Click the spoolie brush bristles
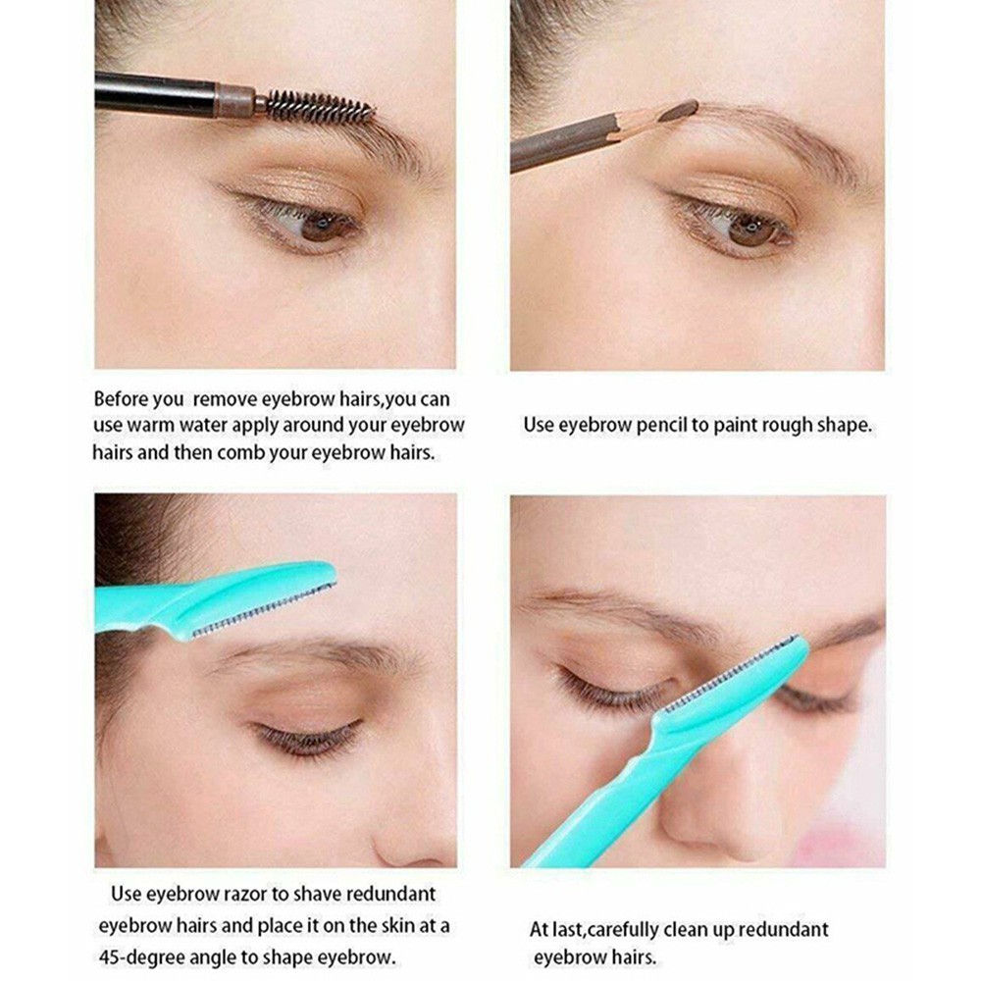319,106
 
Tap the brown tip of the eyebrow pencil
680,111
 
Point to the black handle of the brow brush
156,94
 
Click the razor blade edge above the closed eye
264,610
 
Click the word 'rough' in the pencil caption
776,427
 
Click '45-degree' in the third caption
140,958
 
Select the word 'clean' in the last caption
687,930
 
